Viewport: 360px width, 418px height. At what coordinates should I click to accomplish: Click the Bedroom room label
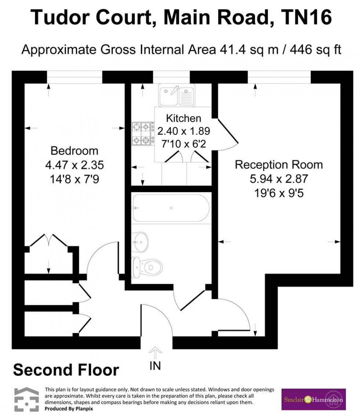coord(74,151)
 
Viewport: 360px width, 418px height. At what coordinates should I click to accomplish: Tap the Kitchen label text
coord(184,118)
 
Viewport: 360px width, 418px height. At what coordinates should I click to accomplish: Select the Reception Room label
coord(279,165)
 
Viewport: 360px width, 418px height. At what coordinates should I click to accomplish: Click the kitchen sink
coord(176,95)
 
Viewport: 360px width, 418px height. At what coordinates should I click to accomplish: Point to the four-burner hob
coord(143,134)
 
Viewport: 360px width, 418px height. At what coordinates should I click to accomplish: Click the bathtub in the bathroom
coord(170,208)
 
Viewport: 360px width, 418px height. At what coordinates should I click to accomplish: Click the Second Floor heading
coord(66,370)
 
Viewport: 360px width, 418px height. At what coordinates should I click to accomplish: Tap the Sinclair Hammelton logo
coord(313,399)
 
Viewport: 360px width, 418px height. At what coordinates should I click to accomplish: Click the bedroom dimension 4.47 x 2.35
coord(74,165)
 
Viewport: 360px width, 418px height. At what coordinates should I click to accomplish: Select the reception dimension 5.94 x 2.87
coord(279,179)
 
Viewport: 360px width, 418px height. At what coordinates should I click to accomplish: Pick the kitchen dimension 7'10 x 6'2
coord(184,143)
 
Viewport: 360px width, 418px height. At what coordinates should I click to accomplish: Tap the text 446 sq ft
coord(315,49)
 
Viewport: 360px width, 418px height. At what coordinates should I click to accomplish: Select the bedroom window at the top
coord(74,77)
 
